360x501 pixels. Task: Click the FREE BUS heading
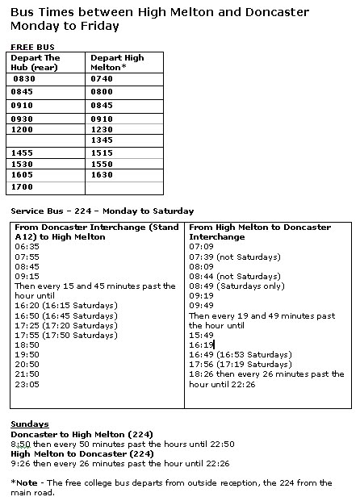point(27,48)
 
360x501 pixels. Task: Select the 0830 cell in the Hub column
point(26,80)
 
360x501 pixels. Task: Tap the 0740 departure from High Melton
point(103,80)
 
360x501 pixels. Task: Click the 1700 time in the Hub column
point(23,186)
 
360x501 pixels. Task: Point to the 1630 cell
point(103,174)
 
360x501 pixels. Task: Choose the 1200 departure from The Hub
point(22,129)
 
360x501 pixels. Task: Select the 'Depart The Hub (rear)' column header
point(36,63)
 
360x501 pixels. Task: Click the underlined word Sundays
point(29,423)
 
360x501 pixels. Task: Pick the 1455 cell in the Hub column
point(22,152)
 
